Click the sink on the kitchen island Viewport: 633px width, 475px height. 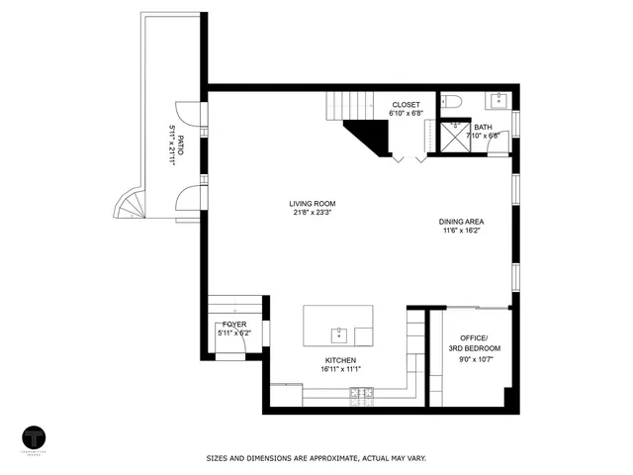pyautogui.click(x=338, y=332)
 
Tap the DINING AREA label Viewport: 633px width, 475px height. pyautogui.click(x=461, y=222)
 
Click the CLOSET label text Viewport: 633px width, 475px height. pyautogui.click(x=406, y=104)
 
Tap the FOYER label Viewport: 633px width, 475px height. pyautogui.click(x=234, y=324)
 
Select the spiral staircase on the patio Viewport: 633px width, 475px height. pyautogui.click(x=131, y=208)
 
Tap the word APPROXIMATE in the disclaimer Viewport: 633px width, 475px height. pyautogui.click(x=337, y=458)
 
